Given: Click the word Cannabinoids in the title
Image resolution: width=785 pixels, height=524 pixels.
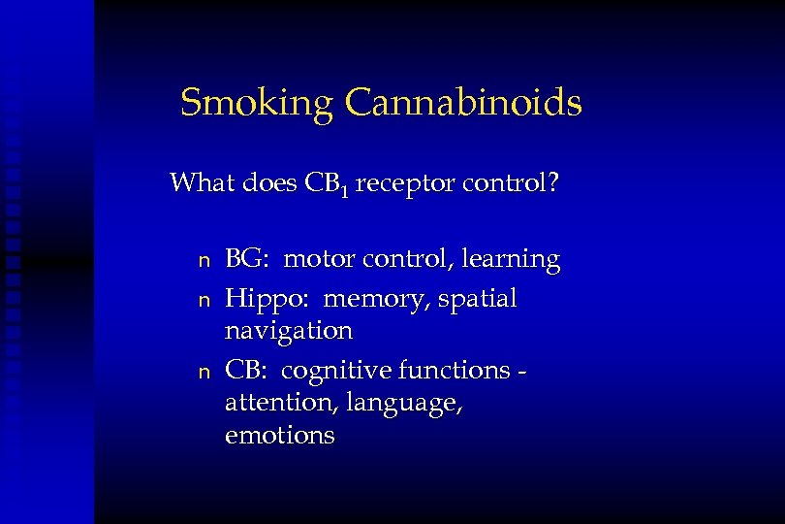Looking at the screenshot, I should [462, 102].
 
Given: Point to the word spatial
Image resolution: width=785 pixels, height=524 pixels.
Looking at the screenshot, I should [478, 299].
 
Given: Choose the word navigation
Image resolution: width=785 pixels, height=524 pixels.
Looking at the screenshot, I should [288, 331].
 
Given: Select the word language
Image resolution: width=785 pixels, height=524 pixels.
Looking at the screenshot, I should [396, 403].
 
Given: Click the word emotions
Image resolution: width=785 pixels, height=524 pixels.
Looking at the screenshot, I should [279, 436].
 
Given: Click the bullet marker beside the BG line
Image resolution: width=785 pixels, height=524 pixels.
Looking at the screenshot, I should [203, 261].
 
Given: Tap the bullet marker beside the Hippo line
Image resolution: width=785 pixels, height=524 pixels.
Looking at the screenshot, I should [203, 299].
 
